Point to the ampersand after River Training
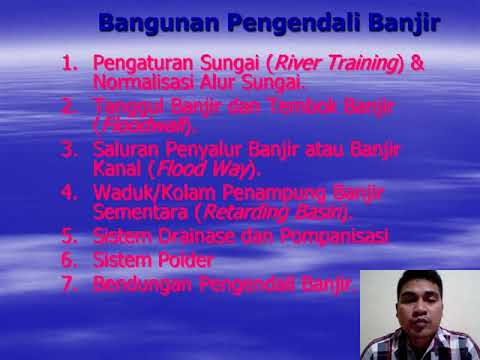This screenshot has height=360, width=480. coord(417,63)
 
